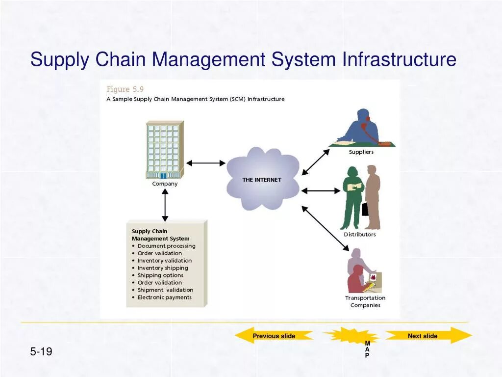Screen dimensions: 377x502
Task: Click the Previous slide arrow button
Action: [274, 336]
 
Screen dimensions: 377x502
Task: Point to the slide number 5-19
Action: [41, 351]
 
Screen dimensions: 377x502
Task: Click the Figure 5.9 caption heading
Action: [125, 89]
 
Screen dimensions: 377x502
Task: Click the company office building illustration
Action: [164, 150]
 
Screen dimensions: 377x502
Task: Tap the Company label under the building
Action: [165, 184]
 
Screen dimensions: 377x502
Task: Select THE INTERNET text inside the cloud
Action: [262, 180]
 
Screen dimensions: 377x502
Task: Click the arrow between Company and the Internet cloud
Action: [206, 162]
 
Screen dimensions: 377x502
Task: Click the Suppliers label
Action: [361, 152]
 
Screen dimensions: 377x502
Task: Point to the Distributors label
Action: [360, 235]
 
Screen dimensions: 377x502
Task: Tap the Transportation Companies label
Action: [365, 301]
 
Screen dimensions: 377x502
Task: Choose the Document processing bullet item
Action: [166, 246]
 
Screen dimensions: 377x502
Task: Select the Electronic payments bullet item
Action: [164, 297]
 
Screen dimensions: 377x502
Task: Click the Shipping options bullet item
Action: [160, 275]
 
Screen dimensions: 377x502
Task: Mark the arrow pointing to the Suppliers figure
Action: [316, 162]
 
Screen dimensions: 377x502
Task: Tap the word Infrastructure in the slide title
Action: [399, 59]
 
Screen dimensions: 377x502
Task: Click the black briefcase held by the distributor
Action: [365, 209]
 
